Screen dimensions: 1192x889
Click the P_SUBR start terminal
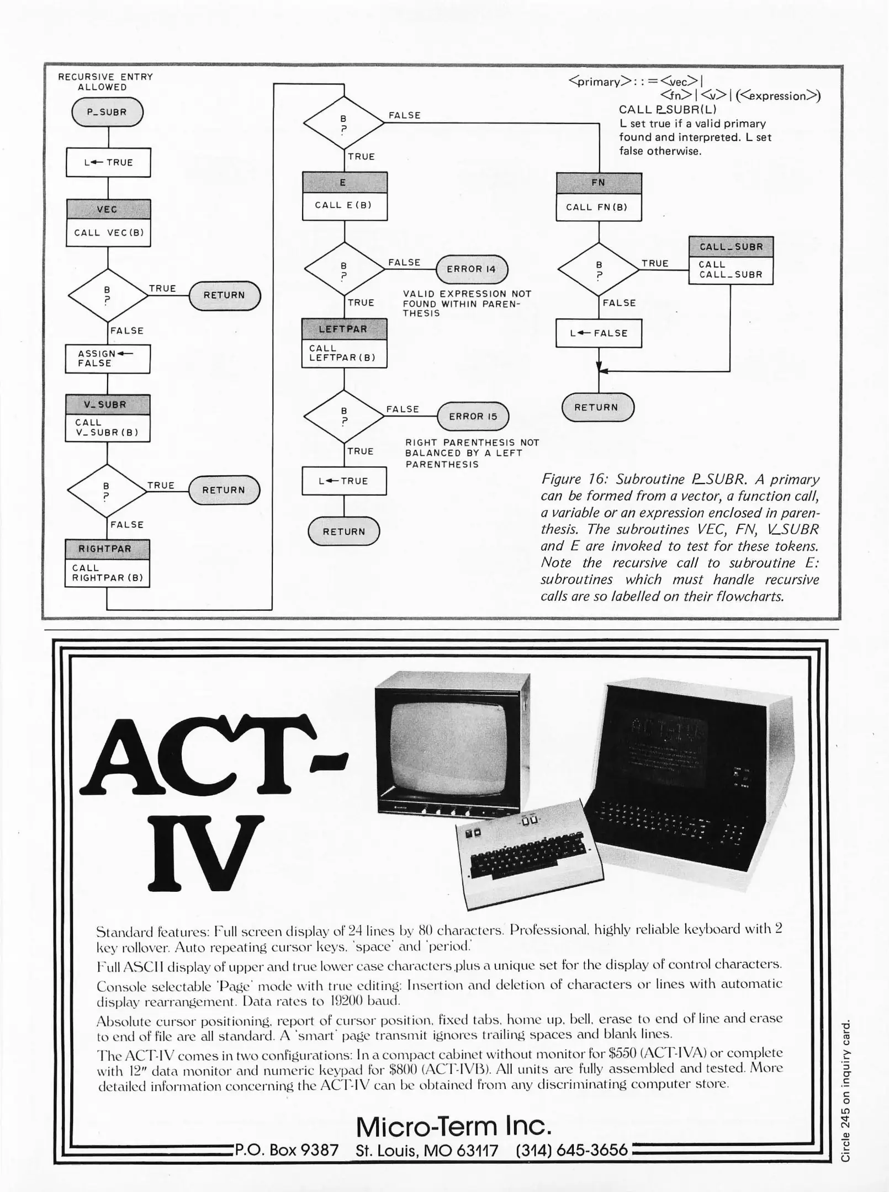(107, 112)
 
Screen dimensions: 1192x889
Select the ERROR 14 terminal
(472, 269)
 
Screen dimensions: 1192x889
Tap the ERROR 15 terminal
(473, 417)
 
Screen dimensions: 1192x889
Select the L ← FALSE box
(599, 333)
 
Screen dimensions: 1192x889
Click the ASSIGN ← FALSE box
(108, 359)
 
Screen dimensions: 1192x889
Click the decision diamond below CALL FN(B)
(599, 269)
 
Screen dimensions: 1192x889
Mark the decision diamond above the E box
(343, 124)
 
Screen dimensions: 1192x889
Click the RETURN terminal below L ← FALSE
(597, 408)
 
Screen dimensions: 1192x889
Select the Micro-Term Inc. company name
(454, 1126)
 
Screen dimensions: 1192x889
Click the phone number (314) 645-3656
(571, 1150)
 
